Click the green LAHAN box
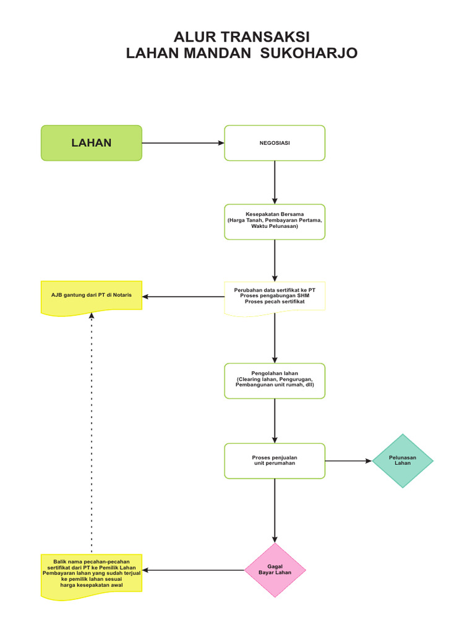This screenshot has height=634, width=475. click(92, 143)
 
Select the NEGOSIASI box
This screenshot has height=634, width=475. click(275, 143)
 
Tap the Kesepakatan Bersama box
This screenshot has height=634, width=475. click(275, 221)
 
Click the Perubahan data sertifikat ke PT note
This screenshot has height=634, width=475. click(275, 297)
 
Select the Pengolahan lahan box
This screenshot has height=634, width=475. click(275, 380)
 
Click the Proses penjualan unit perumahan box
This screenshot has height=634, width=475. click(275, 461)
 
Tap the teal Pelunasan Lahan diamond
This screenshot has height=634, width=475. click(403, 461)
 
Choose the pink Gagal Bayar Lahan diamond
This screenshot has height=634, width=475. click(275, 570)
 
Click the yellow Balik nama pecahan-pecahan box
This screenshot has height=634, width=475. click(92, 575)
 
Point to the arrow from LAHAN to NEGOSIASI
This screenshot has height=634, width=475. click(182, 143)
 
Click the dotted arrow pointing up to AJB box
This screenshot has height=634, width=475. click(92, 433)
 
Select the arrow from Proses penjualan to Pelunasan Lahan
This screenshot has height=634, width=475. click(348, 461)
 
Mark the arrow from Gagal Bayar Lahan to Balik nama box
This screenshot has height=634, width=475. click(194, 570)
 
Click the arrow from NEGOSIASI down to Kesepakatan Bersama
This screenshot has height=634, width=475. click(275, 182)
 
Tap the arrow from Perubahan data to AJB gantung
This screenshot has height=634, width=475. click(183, 297)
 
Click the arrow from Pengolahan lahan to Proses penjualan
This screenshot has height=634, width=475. click(275, 420)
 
